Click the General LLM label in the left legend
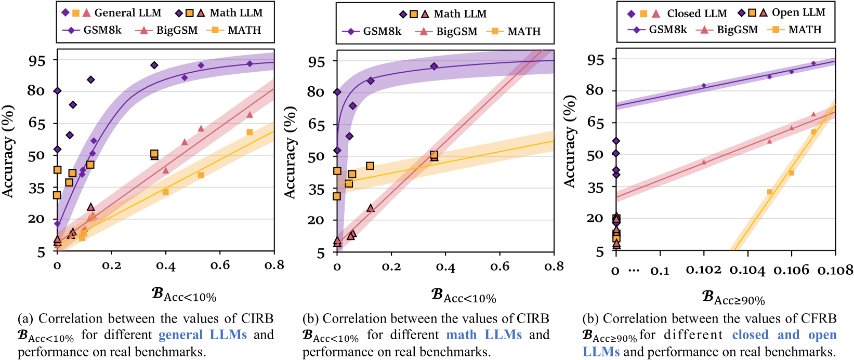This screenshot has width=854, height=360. click(128, 12)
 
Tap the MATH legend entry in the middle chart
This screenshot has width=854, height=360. click(523, 31)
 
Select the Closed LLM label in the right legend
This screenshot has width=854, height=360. click(697, 14)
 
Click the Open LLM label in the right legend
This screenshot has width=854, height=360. click(798, 12)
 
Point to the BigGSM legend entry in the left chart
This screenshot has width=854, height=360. click(177, 30)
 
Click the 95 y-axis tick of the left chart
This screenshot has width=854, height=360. click(36, 60)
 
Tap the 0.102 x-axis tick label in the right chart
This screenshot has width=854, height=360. click(704, 270)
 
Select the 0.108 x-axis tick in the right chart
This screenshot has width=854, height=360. click(835, 270)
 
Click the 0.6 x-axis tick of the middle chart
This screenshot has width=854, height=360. click(500, 266)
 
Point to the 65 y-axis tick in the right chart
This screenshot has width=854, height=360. click(595, 123)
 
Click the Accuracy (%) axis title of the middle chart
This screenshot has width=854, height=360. click(290, 152)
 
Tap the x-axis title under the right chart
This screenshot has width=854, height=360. click(733, 298)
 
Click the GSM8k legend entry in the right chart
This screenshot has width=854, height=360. click(667, 30)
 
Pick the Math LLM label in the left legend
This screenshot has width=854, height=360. click(236, 12)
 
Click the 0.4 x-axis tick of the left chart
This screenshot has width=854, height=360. click(165, 266)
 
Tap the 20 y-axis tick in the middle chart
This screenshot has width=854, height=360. click(316, 220)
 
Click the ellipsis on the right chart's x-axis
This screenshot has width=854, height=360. click(633, 270)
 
